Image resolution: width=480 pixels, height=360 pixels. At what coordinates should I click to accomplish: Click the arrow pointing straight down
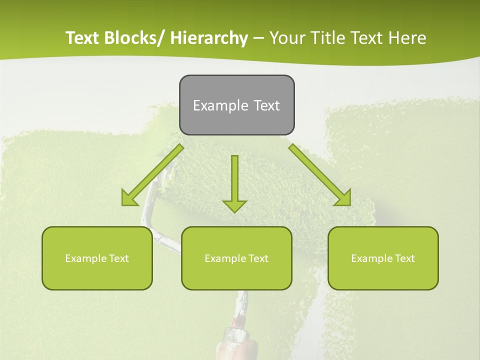coord(234,182)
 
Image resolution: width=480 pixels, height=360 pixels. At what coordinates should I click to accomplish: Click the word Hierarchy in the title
coord(209,38)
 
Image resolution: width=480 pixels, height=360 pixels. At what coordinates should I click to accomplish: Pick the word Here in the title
coord(408,38)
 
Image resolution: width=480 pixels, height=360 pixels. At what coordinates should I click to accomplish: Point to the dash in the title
coord(258,38)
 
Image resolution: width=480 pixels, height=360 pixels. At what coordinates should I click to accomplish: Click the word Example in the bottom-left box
coord(85,258)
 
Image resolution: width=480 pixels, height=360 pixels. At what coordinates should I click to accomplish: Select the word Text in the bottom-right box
coord(404,258)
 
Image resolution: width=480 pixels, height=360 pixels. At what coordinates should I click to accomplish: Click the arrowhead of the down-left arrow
coord(128,199)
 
